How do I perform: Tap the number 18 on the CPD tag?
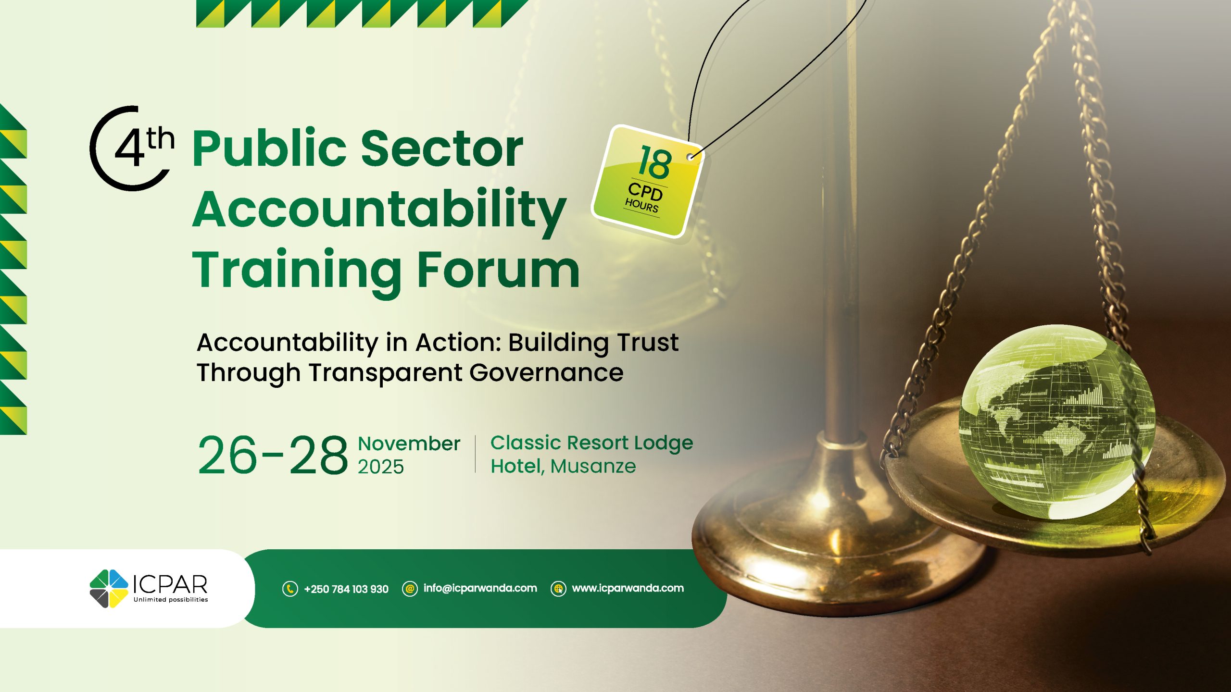[655, 162]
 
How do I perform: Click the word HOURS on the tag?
[641, 205]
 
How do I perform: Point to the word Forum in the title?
[498, 270]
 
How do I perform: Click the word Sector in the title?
[442, 148]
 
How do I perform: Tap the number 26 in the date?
[227, 455]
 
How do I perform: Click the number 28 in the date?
[318, 455]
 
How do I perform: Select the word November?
[409, 444]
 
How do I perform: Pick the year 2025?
[380, 467]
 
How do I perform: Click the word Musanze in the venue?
[593, 466]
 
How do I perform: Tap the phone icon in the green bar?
[290, 589]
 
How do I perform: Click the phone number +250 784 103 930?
[346, 589]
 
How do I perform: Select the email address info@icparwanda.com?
[480, 588]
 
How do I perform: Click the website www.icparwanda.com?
[628, 588]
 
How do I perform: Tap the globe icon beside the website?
[558, 589]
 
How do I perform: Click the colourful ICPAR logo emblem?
[109, 589]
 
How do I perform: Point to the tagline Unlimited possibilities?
[171, 600]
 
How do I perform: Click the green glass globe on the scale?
[1056, 422]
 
